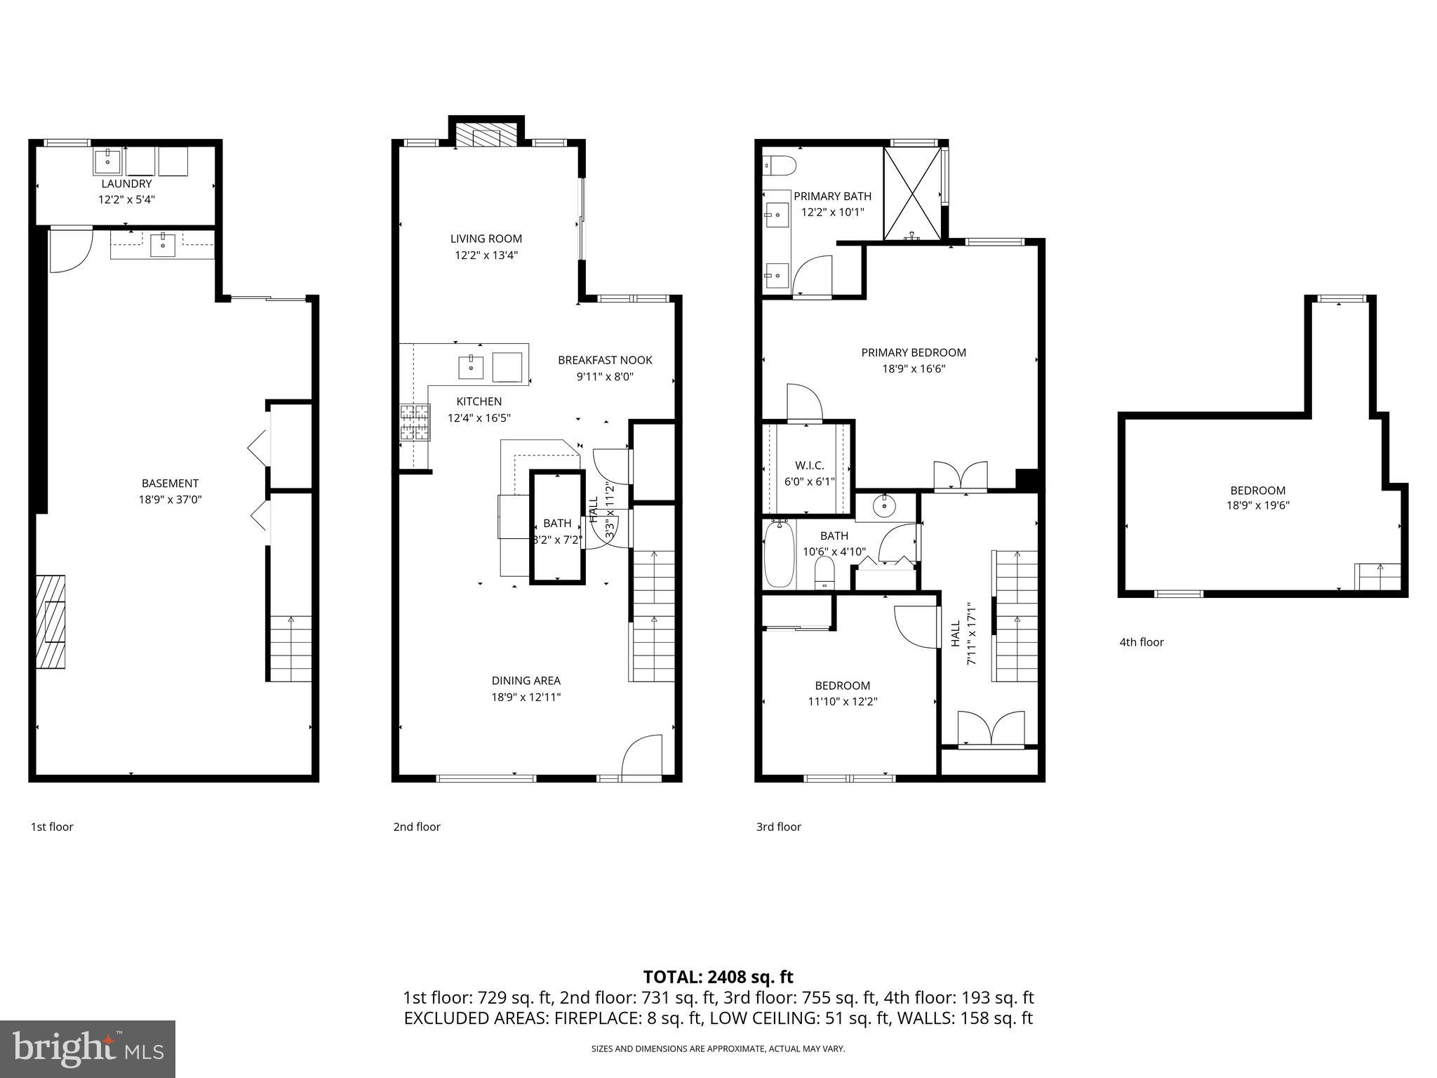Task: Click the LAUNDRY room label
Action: coord(126,184)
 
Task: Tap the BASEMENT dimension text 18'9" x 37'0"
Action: coord(170,500)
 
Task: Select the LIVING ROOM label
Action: coord(486,239)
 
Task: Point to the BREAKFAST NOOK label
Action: coord(605,360)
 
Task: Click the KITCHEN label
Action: coord(479,401)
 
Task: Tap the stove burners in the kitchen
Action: coord(414,422)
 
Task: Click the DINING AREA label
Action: coord(526,680)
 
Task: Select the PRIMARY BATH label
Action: coord(832,197)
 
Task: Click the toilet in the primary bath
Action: coord(779,166)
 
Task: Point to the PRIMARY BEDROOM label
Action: coord(914,352)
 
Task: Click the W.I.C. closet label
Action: coord(809,465)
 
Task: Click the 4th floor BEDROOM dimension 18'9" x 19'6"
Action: coord(1257,505)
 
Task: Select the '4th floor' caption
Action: coord(1141,641)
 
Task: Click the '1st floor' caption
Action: coord(51,827)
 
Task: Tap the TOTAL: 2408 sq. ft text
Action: coord(718,977)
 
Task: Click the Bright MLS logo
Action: coord(88,1049)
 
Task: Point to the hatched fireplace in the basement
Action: coord(51,622)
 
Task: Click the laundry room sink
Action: coord(108,162)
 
